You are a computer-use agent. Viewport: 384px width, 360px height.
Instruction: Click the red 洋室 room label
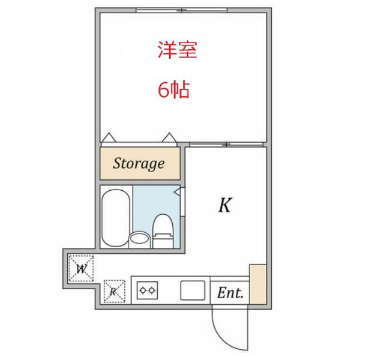(x=178, y=50)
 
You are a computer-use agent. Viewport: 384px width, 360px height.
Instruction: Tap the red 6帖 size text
(x=174, y=90)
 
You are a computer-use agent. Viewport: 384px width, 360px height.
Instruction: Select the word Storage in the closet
(x=139, y=163)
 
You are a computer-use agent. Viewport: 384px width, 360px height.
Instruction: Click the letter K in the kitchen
(x=224, y=206)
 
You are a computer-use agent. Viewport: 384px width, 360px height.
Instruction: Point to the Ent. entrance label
(x=230, y=293)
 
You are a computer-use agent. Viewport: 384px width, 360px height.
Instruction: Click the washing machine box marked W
(x=82, y=268)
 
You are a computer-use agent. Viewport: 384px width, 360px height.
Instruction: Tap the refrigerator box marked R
(x=113, y=292)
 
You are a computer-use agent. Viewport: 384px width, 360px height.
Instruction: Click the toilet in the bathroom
(x=162, y=231)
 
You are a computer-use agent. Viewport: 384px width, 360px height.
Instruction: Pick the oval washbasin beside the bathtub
(x=140, y=238)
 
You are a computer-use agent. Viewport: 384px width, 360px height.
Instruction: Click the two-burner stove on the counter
(x=148, y=291)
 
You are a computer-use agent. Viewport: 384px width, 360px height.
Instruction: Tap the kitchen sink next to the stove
(x=193, y=291)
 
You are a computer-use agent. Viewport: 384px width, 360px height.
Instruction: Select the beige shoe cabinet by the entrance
(x=257, y=283)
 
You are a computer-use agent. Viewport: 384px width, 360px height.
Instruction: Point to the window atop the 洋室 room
(x=181, y=10)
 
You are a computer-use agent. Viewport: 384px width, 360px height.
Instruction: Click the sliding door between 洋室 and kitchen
(x=226, y=145)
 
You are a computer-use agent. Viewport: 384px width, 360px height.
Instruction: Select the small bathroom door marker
(x=178, y=191)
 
